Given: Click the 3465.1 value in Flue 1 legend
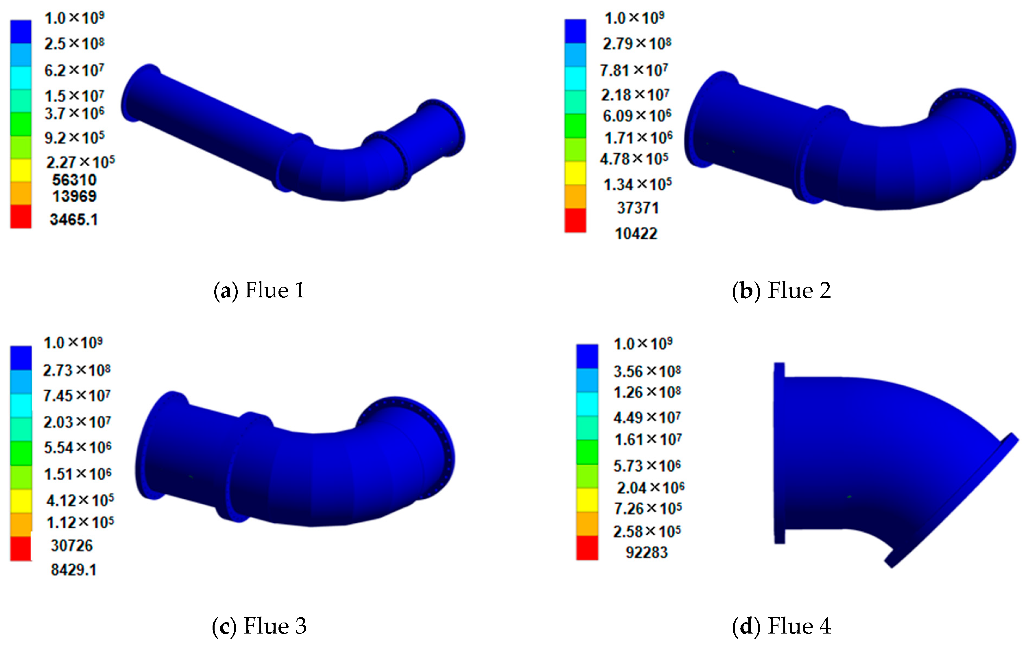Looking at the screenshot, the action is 74,220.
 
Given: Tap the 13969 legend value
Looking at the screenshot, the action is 75,196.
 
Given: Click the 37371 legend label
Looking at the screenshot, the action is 638,208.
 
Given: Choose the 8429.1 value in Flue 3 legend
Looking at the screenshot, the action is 74,570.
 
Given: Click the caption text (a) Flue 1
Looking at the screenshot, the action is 259,291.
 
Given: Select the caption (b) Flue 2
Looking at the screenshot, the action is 781,291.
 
